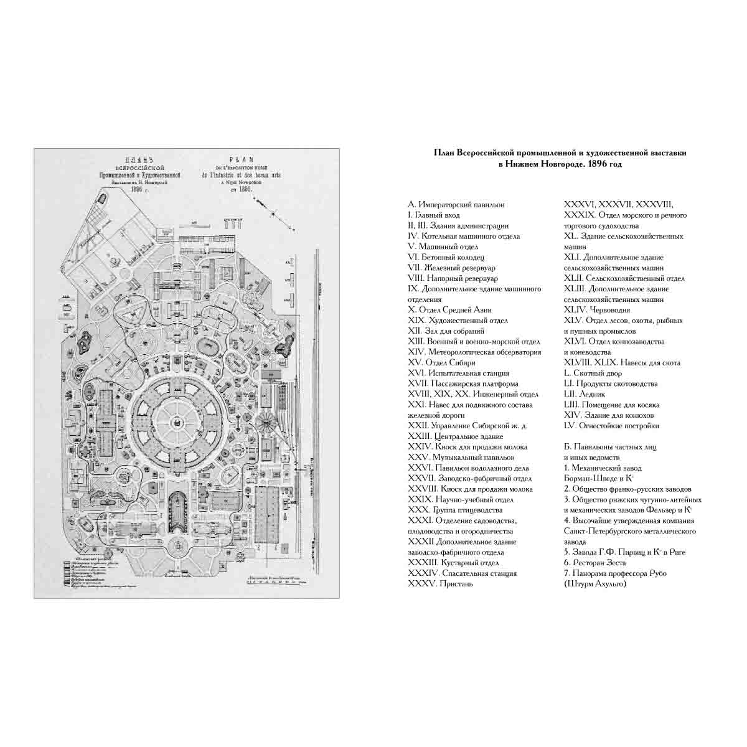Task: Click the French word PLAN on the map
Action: (231, 159)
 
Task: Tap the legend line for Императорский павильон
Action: (456, 205)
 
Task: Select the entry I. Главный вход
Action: (434, 215)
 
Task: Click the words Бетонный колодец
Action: (454, 257)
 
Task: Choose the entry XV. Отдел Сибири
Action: (441, 362)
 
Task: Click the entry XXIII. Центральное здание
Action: (461, 436)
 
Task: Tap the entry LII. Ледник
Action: (585, 394)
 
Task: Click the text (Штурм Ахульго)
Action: (594, 583)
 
